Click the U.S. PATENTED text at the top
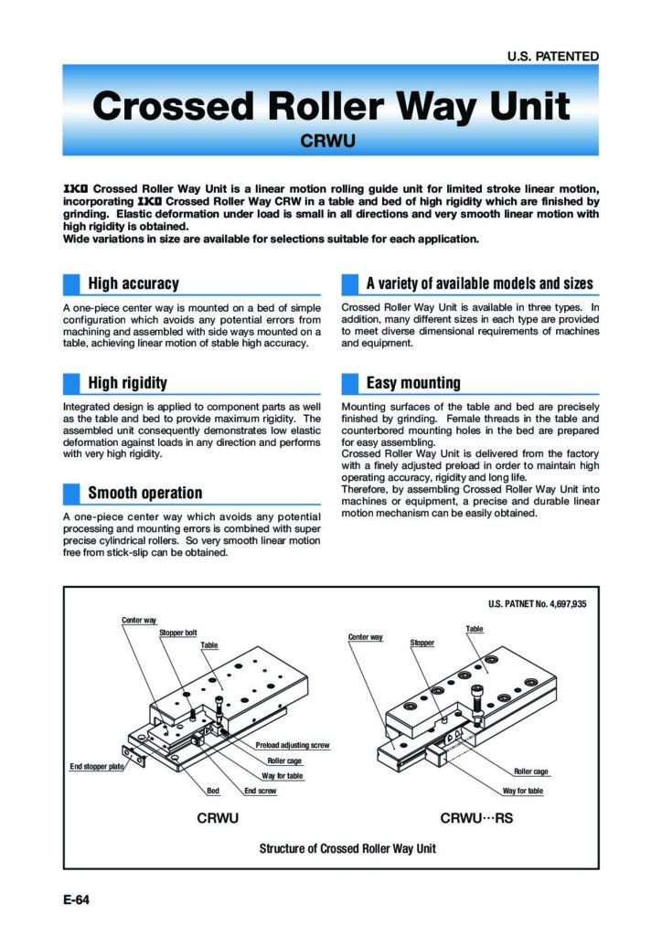coord(552,56)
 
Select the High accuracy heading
coord(133,283)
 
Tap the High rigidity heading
coord(127,382)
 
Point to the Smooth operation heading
coord(144,493)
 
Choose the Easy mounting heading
coord(412,382)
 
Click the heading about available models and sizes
coord(479,283)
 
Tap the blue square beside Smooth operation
coord(71,494)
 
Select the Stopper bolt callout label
coord(178,632)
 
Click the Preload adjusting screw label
coord(292,746)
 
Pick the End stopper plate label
coord(96,766)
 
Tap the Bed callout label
coord(212,790)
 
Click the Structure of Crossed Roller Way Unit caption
coord(347,848)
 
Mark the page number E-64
coord(76,900)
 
